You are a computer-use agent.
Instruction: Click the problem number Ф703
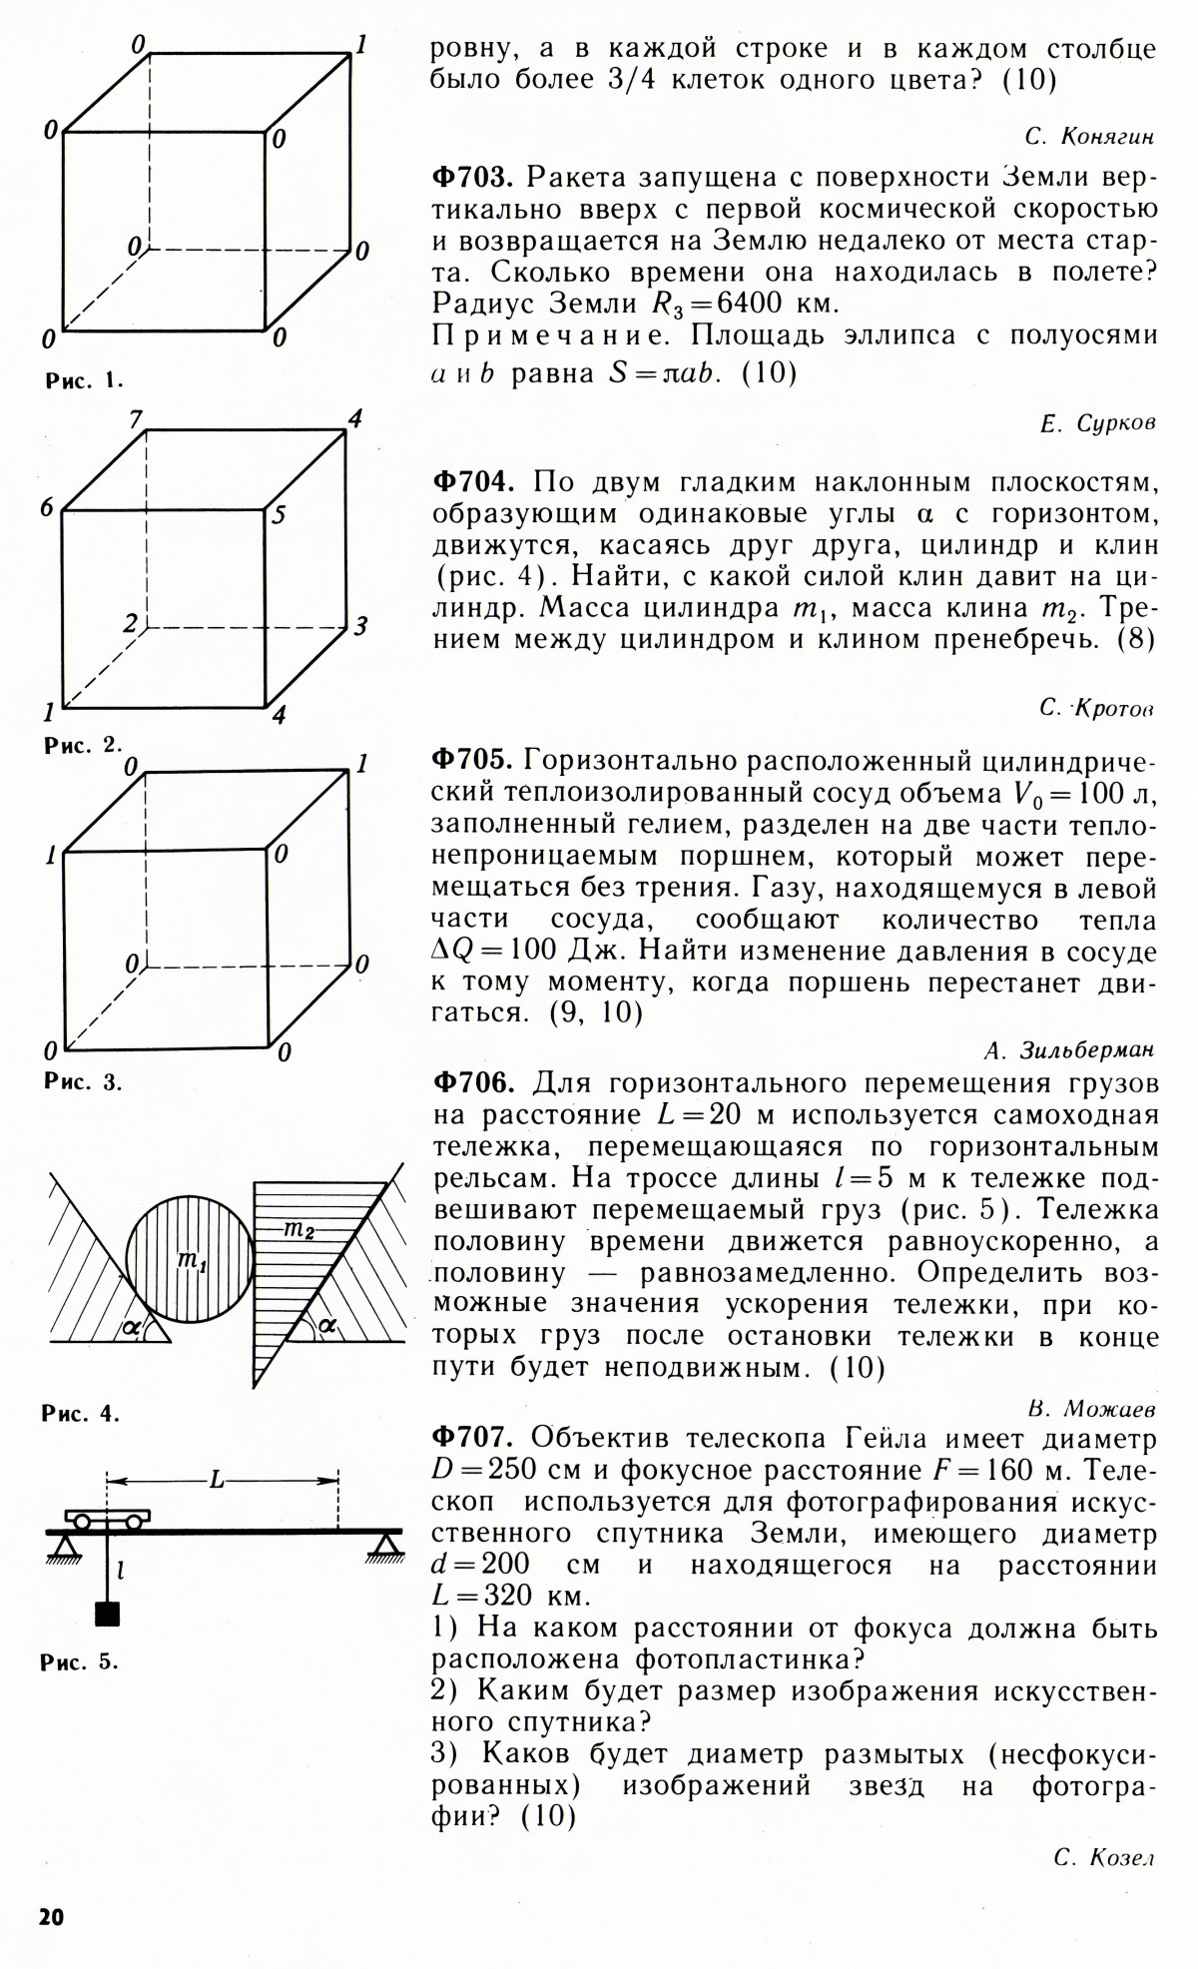[x=472, y=179]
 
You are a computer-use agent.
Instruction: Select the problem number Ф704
[x=472, y=483]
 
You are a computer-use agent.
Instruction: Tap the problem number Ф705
[x=472, y=761]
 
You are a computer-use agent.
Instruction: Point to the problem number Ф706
[x=472, y=1083]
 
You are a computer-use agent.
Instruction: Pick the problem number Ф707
[x=472, y=1439]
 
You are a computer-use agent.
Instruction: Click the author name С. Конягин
[x=1089, y=136]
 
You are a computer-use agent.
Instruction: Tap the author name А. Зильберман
[x=1069, y=1050]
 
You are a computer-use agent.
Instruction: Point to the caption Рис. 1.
[x=83, y=380]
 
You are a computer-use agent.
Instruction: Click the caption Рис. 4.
[x=81, y=1414]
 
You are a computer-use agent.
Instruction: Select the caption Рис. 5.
[x=80, y=1662]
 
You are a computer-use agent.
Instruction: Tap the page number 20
[x=51, y=1916]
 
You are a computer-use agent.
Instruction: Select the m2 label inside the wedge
[x=299, y=1230]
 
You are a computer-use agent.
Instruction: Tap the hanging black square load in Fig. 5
[x=106, y=1614]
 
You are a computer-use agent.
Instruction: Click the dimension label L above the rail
[x=217, y=1481]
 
